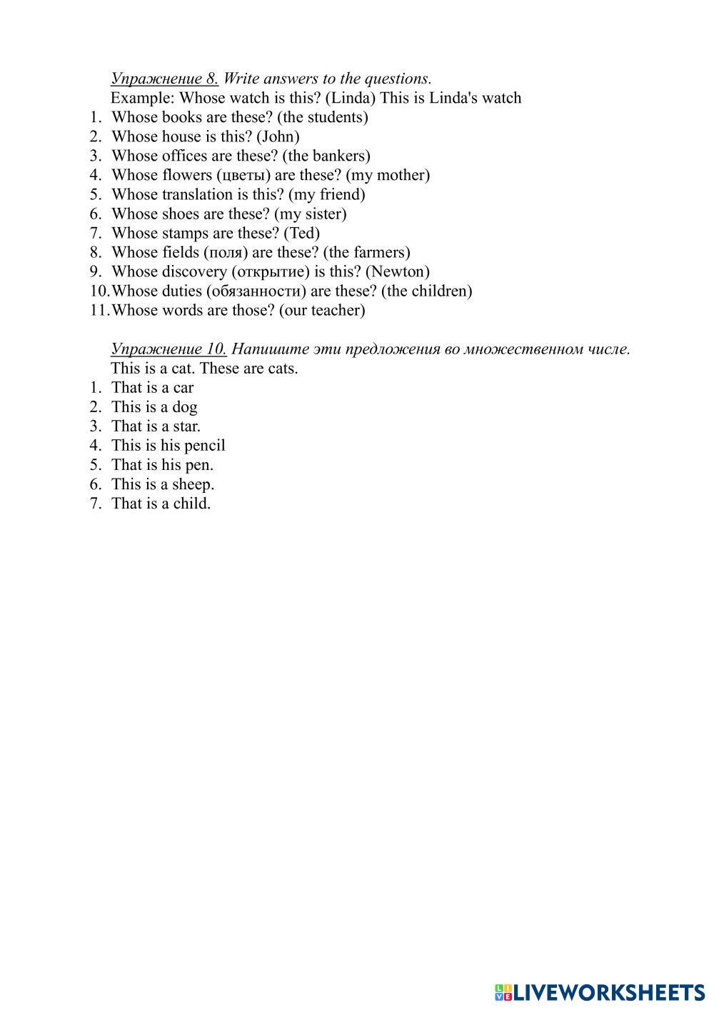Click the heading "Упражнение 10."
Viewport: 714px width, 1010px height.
pos(169,349)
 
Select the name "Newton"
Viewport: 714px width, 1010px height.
pos(398,271)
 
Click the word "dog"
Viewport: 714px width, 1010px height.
pos(184,407)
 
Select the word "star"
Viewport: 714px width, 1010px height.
pos(186,426)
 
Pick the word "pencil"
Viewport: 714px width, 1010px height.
pos(204,446)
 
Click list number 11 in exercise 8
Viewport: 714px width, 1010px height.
pos(98,310)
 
